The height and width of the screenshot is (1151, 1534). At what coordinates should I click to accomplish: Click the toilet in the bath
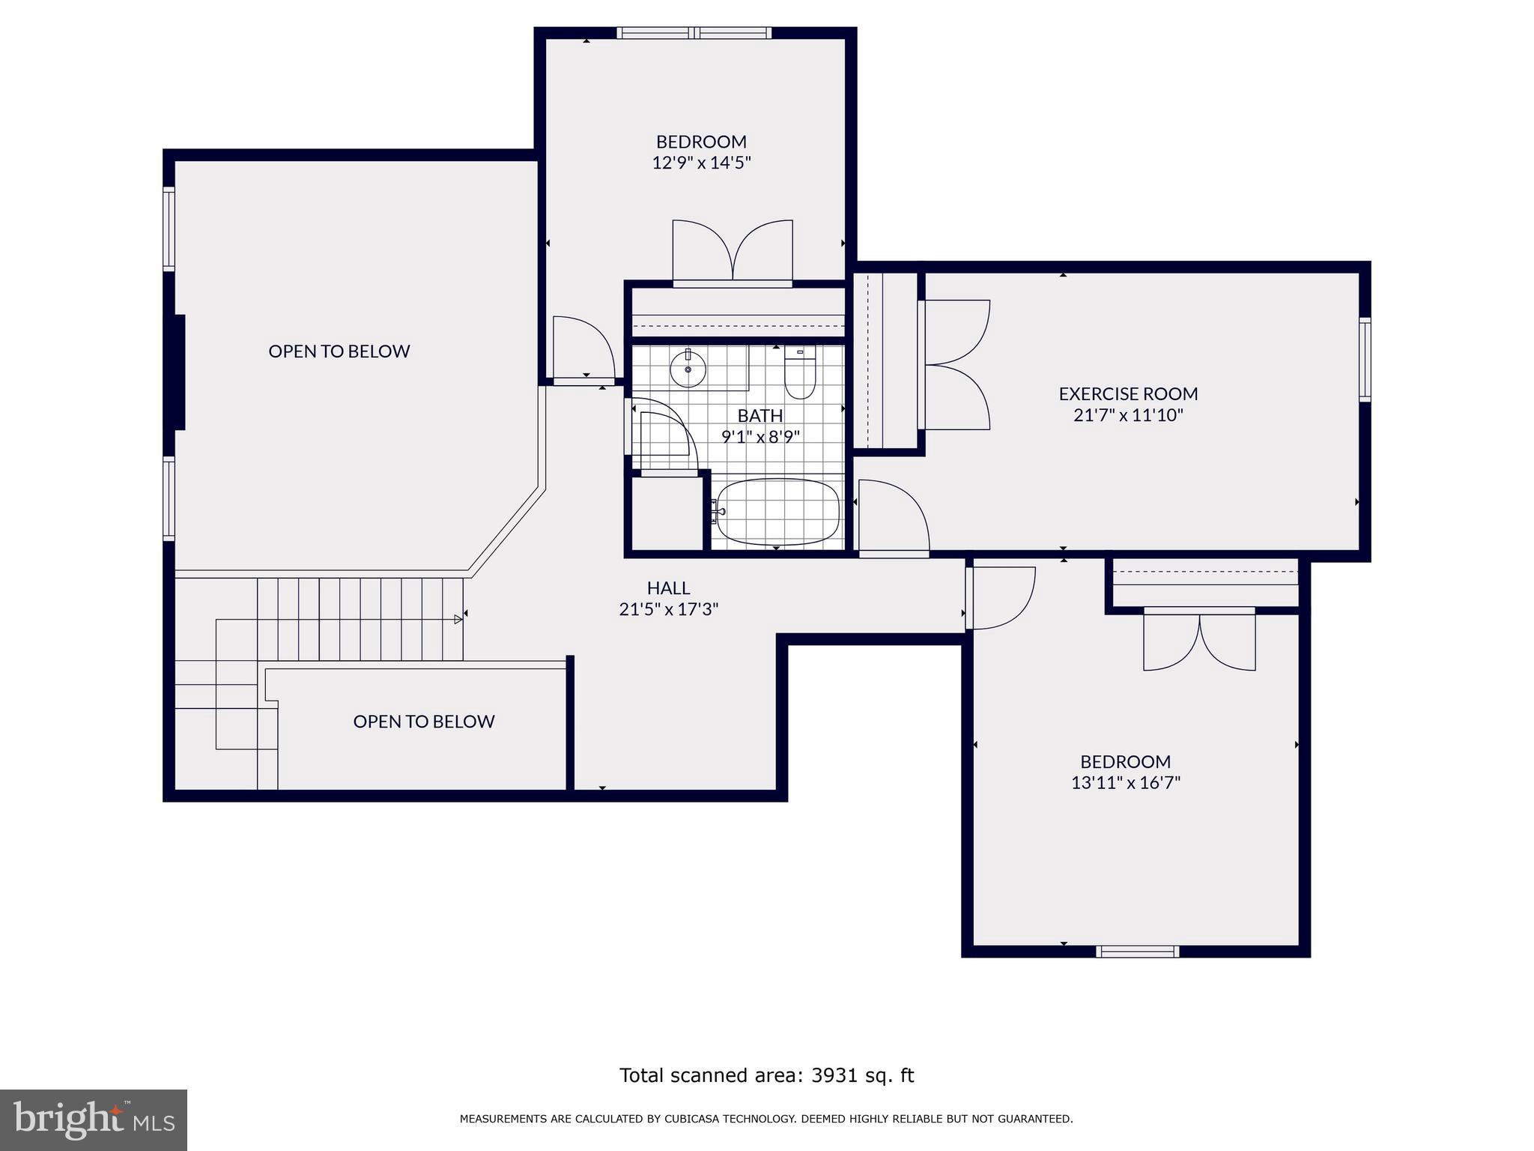point(800,378)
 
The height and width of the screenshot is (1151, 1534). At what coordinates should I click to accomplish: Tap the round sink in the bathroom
point(688,369)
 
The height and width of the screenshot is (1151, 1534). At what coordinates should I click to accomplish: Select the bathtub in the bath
point(777,512)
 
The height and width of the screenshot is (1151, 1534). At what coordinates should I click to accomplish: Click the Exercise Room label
point(1128,394)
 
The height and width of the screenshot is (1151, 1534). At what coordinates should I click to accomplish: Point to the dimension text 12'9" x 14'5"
point(701,163)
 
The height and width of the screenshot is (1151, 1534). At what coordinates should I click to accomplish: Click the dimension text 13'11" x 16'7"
point(1125,783)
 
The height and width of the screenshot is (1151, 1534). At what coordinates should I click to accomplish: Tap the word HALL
point(668,589)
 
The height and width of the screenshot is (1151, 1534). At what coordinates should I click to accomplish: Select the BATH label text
point(760,416)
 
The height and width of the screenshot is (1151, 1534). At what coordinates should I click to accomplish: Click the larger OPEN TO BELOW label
point(339,351)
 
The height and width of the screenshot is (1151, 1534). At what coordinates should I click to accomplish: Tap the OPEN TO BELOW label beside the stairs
point(423,722)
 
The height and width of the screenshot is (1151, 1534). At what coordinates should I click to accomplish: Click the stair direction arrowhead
point(458,619)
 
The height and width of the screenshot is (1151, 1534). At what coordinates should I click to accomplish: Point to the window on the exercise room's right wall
point(1365,360)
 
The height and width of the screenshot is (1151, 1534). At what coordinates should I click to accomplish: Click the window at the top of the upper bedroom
point(694,33)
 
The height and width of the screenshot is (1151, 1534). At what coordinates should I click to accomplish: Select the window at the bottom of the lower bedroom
point(1137,952)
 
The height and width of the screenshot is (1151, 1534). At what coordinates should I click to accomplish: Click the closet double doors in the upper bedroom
point(733,252)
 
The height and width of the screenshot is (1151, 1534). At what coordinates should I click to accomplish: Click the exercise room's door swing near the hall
point(893,517)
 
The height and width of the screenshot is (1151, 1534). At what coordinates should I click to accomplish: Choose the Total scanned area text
point(766,1075)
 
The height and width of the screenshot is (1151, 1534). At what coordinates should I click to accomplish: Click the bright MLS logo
point(94,1120)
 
